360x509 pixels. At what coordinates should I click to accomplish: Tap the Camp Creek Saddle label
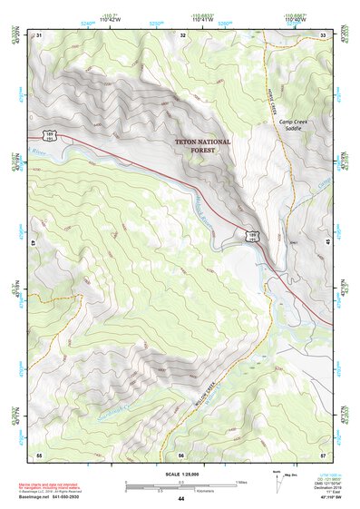pyautogui.click(x=295, y=126)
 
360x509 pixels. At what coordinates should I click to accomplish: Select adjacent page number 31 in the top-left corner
pyautogui.click(x=38, y=35)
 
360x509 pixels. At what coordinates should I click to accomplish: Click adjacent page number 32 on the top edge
pyautogui.click(x=182, y=35)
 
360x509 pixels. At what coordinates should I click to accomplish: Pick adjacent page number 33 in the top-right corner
pyautogui.click(x=324, y=35)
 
